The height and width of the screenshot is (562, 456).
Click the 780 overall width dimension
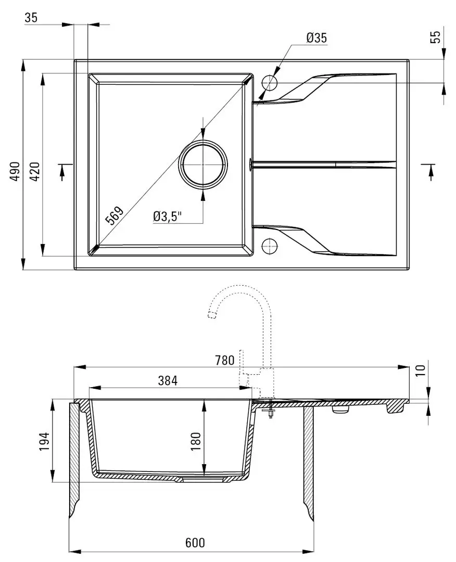tap(224, 360)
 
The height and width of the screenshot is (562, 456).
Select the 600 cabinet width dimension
tap(194, 542)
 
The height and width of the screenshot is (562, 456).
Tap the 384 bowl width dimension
tap(168, 380)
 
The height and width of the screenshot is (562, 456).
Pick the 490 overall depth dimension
tap(15, 171)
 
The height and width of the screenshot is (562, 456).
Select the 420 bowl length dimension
tap(35, 171)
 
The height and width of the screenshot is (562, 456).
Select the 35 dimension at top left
tap(31, 17)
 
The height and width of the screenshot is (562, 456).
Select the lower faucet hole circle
tap(269, 246)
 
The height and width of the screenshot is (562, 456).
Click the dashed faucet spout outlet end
tap(211, 314)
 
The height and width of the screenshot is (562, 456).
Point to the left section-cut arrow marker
tap(64, 171)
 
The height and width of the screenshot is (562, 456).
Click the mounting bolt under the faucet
tap(270, 410)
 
